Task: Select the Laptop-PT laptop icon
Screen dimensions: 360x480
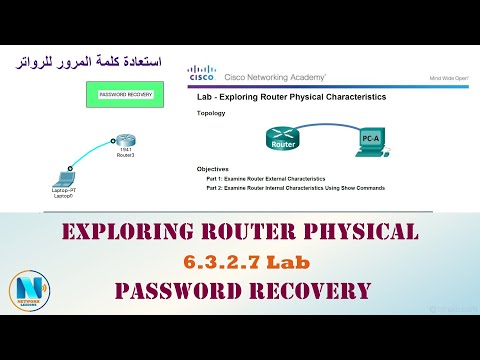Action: point(64,173)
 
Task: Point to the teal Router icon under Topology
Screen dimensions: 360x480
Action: point(283,138)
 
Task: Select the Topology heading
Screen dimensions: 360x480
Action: point(211,113)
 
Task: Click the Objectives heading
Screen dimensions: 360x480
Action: point(214,170)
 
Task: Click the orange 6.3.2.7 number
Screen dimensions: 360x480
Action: point(214,262)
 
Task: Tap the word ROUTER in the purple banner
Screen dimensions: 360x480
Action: point(250,233)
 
